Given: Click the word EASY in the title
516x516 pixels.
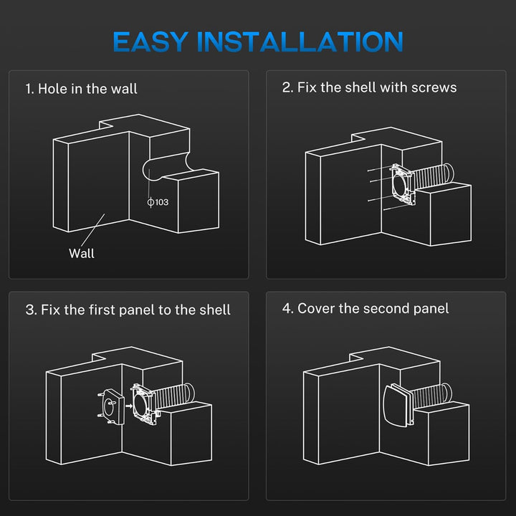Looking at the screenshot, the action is coord(150,42).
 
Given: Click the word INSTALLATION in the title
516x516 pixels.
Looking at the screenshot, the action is coord(300,42).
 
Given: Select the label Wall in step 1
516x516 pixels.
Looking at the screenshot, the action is coord(81,254).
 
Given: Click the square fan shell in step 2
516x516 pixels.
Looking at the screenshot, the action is coord(403,184).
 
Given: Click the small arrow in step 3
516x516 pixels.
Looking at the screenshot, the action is coord(129,406).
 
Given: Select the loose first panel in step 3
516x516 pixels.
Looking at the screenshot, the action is coord(112,407).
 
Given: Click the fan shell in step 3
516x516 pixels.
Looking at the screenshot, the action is coord(144,403).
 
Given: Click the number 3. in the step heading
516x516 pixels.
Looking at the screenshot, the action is coord(32,310).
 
